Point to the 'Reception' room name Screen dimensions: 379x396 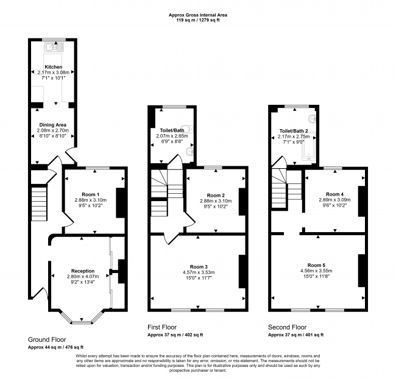click(83, 270)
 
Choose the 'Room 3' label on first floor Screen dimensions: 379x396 click(198, 266)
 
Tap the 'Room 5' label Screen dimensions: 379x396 click(317, 265)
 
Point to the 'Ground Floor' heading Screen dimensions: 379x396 click(47, 339)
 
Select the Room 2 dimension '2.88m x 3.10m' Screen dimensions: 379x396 click(213, 200)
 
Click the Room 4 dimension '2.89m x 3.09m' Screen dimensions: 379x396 click(334, 200)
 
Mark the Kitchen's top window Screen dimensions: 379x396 click(54, 40)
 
